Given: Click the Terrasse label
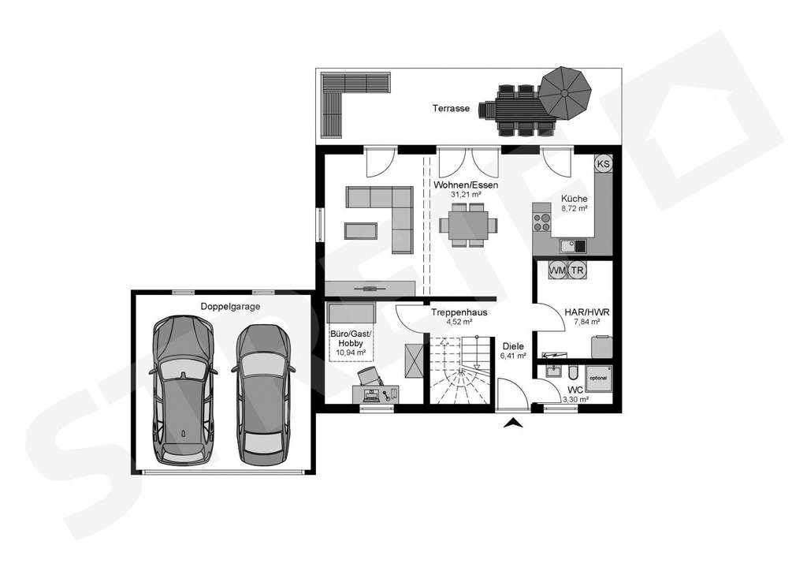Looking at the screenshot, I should click(x=451, y=109).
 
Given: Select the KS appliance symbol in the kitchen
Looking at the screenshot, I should click(x=604, y=164).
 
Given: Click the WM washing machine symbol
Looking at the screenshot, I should click(x=558, y=271).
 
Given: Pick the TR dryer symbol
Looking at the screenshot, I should click(x=578, y=271).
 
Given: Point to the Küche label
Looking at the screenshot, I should click(x=574, y=199).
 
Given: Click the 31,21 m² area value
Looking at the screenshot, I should click(x=465, y=194).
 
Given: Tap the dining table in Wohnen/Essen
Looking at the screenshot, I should click(x=468, y=224).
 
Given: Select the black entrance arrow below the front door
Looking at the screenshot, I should click(x=515, y=424).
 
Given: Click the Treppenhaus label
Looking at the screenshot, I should click(x=459, y=312).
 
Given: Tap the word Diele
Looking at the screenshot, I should click(x=513, y=345).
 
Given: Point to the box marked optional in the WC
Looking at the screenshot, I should click(x=600, y=378).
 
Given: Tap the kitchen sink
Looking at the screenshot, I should click(x=575, y=245).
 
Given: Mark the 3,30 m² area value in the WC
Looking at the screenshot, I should click(x=575, y=400).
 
